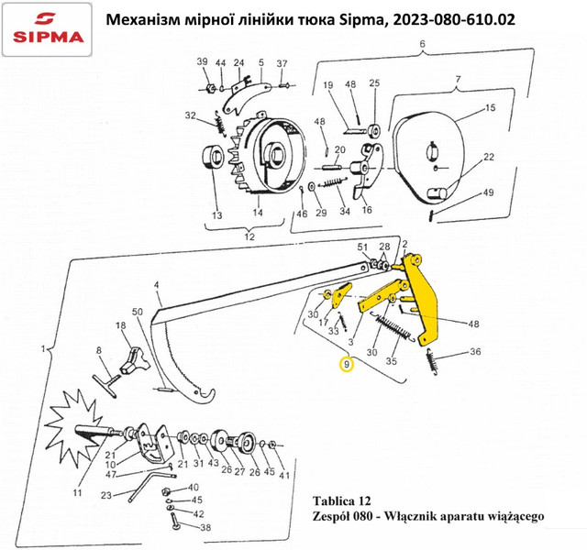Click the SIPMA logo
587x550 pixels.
pos(47,29)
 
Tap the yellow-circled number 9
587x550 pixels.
pos(347,364)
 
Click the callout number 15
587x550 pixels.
pos(490,108)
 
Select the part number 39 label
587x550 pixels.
pos(202,61)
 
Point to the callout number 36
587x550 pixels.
pos(475,351)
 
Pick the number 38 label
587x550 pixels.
pos(205,528)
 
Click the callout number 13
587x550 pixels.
pos(217,215)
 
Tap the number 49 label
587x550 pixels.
pos(488,192)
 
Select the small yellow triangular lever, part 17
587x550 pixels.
pos(340,294)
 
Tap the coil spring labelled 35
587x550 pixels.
pos(393,328)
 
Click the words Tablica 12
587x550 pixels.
pos(341,500)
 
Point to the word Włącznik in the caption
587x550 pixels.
pos(409,516)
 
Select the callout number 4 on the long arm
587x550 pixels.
pos(156,285)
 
